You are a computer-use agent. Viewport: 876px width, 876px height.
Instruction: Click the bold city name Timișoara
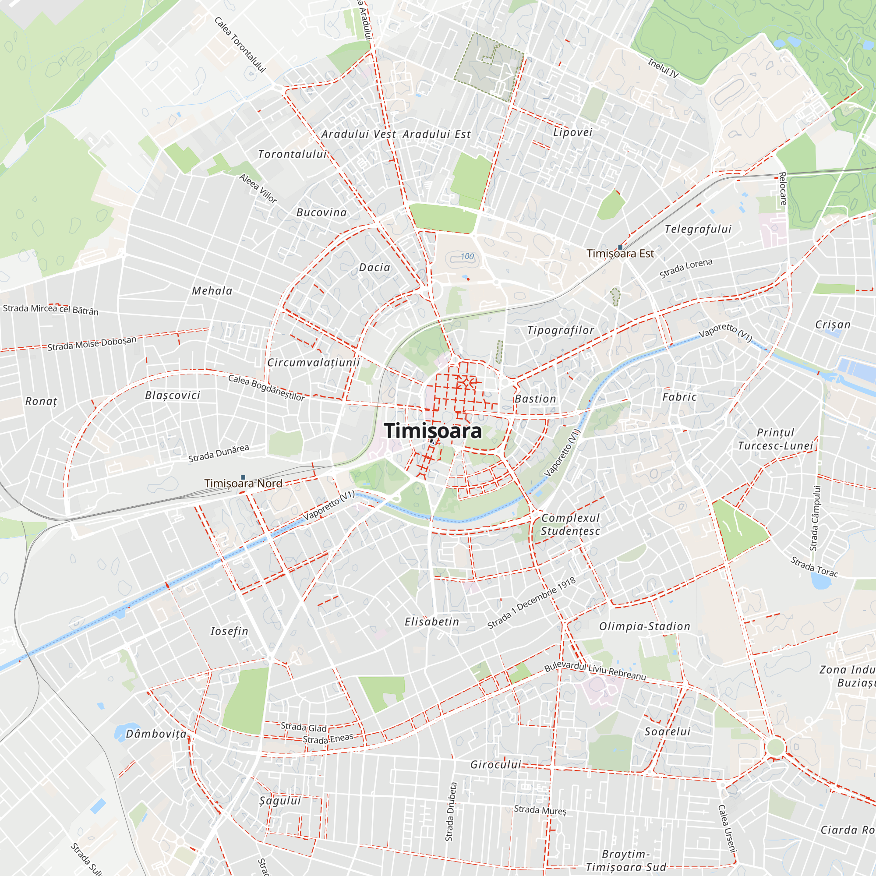tap(433, 431)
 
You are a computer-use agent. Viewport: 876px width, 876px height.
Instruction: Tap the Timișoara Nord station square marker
tap(244, 477)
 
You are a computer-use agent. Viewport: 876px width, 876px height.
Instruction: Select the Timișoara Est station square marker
tap(620, 247)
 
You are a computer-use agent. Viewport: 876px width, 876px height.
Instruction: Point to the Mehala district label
tap(212, 291)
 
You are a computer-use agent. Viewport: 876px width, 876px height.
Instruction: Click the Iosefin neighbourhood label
tap(230, 631)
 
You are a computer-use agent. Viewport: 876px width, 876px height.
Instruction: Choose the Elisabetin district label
tap(432, 622)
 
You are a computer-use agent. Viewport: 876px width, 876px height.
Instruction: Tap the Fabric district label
tap(679, 397)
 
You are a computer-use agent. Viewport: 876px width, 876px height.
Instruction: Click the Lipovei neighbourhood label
tap(572, 132)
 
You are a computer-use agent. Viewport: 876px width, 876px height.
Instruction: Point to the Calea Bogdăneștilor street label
tap(266, 388)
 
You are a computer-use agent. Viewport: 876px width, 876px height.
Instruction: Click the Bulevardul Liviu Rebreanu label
tap(595, 671)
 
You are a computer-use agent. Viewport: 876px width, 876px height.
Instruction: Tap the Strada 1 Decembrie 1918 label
tap(531, 603)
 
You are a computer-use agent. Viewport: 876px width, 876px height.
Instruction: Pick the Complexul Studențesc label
tap(570, 524)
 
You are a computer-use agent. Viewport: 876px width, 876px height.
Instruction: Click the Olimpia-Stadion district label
tap(645, 626)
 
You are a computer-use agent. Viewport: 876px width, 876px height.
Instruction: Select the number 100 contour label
tap(467, 257)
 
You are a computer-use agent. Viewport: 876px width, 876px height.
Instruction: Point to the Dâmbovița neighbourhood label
tap(156, 734)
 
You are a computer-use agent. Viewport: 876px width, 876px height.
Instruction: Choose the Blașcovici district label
tap(173, 396)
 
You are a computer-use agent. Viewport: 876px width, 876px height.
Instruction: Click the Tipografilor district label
tap(561, 331)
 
